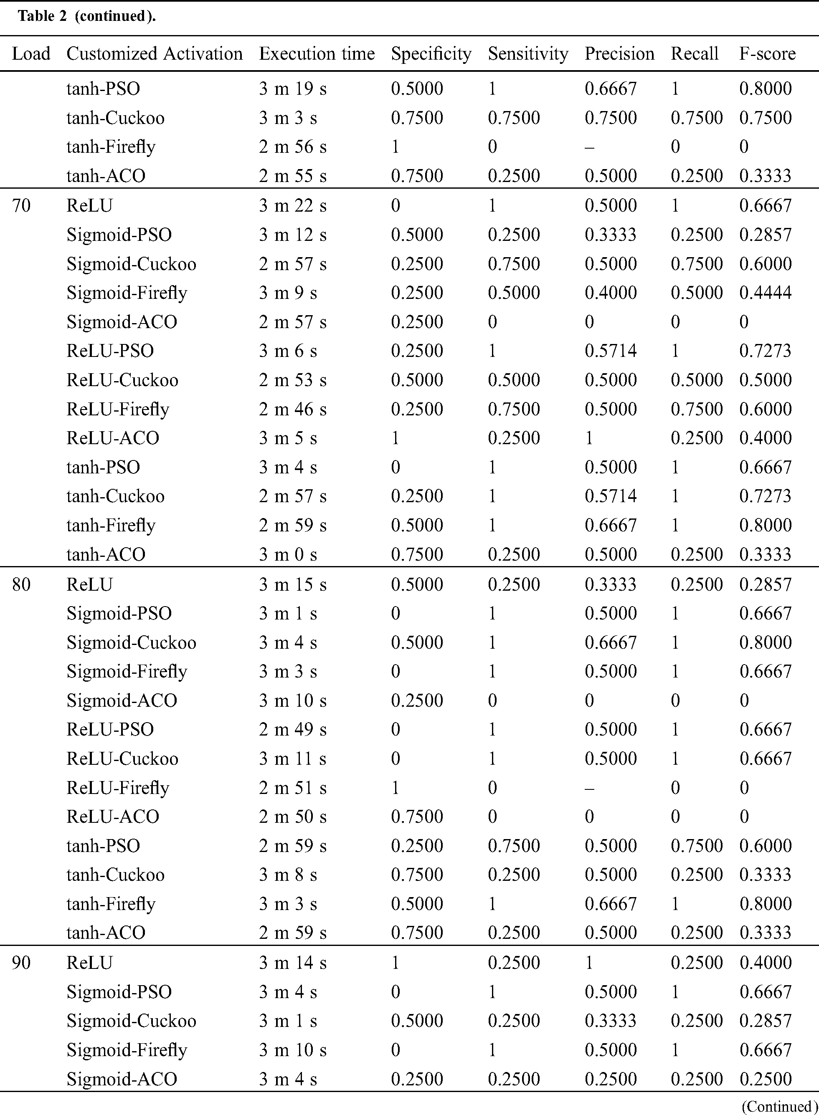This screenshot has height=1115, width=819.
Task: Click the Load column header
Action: tap(31, 53)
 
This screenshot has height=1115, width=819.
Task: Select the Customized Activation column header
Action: tap(154, 53)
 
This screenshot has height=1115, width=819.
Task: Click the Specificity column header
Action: tap(431, 53)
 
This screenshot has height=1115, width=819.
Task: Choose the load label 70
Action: tap(21, 205)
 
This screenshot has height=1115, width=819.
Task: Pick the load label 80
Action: tap(21, 584)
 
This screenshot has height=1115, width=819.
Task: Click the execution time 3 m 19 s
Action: tap(292, 88)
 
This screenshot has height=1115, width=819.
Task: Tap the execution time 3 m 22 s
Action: tap(292, 205)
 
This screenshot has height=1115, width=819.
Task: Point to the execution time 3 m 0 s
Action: tap(287, 554)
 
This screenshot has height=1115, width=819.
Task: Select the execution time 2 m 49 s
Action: tap(292, 729)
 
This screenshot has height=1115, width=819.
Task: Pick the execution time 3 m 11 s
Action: tap(292, 759)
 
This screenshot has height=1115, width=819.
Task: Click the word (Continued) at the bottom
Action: tap(779, 1106)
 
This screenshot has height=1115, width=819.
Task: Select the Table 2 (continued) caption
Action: tap(87, 16)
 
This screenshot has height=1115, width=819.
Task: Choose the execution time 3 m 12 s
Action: tap(292, 235)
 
